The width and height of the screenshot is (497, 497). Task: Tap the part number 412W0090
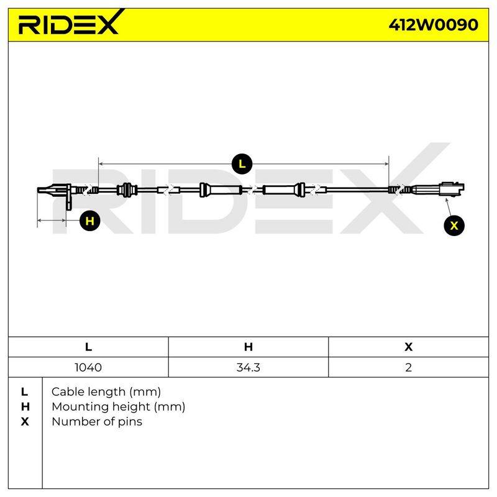pos(433,25)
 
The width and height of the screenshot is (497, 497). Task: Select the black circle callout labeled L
pos(242,164)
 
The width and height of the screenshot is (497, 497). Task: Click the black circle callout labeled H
pos(89,221)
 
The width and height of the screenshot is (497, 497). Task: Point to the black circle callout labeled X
pos(454,226)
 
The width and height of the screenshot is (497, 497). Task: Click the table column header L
pos(88,347)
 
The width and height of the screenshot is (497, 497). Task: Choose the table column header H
pos(248,347)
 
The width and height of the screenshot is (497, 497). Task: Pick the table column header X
pos(408,347)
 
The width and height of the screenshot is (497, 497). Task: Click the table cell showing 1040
pos(88,367)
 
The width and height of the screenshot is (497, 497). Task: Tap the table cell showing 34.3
pos(248,367)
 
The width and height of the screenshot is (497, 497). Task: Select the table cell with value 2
pos(408,367)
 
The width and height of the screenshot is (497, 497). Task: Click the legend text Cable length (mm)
pos(106,392)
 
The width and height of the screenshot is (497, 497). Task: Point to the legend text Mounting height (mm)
pos(118,407)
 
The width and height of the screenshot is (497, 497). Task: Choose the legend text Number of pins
pos(97,422)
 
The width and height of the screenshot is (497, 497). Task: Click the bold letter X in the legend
pos(25,422)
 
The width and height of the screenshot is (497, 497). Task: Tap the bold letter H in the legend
pos(25,407)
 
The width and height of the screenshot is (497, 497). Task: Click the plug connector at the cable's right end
pos(452,189)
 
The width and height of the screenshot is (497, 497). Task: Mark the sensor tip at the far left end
pos(39,190)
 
